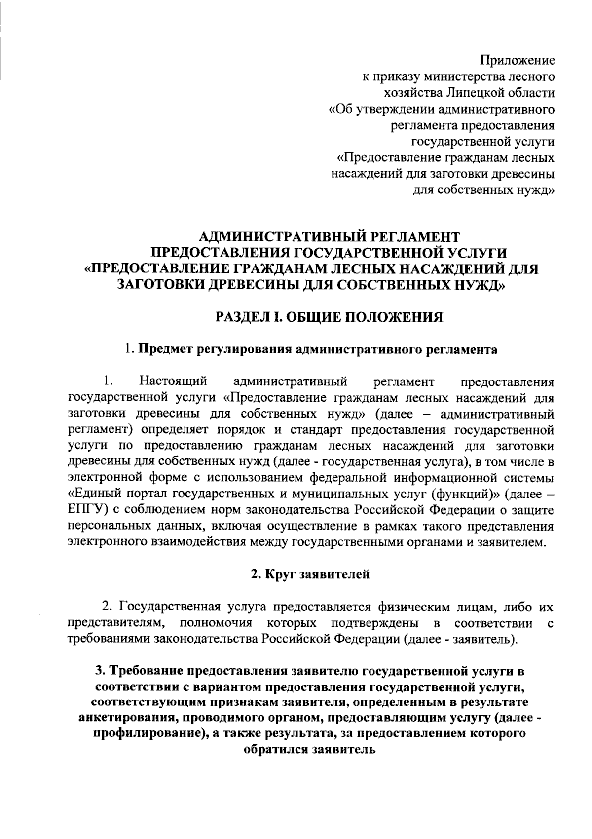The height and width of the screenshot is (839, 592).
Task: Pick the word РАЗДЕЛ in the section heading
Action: pyautogui.click(x=237, y=317)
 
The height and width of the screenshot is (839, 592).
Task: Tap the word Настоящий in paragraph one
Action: pyautogui.click(x=172, y=381)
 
